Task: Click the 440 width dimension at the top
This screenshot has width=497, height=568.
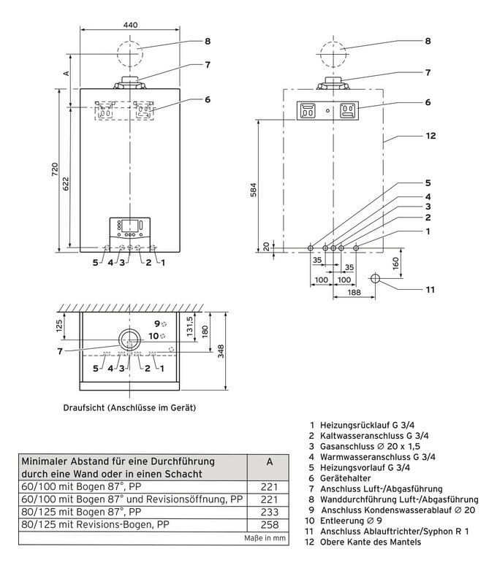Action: [x=130, y=25]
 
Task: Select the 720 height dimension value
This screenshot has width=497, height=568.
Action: [x=55, y=169]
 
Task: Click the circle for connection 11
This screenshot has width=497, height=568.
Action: [x=375, y=278]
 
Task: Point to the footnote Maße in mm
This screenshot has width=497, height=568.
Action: [x=268, y=538]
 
